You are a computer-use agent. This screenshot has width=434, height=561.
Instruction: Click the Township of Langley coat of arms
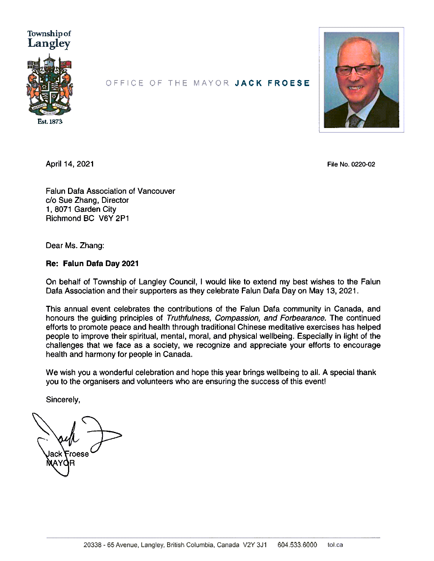click(50, 85)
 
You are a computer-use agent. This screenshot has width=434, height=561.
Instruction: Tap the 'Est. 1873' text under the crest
click(50, 122)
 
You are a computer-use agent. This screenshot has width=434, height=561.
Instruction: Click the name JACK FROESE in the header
click(273, 83)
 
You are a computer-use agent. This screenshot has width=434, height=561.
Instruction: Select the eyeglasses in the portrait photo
click(357, 70)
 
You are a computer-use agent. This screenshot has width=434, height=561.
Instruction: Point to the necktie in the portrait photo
click(354, 121)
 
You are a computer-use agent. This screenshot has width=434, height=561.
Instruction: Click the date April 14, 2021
click(70, 164)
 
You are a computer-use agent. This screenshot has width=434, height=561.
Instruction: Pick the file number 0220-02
click(363, 164)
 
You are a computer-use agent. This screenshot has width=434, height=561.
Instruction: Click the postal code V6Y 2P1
click(114, 219)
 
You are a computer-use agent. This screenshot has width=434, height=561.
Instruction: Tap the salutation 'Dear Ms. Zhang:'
click(75, 246)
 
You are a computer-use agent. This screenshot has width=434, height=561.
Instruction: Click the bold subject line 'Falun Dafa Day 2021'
click(101, 263)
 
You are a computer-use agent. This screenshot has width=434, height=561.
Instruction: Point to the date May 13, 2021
click(333, 291)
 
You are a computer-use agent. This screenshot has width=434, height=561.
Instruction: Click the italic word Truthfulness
click(189, 318)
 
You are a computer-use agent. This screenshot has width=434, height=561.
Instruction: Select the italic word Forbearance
click(303, 318)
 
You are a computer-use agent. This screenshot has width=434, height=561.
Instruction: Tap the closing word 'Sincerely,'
click(63, 400)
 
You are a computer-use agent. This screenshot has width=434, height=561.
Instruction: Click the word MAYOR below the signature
click(60, 463)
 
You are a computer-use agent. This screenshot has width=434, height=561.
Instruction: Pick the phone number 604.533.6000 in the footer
click(297, 545)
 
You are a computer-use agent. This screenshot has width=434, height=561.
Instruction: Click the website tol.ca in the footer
click(335, 545)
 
